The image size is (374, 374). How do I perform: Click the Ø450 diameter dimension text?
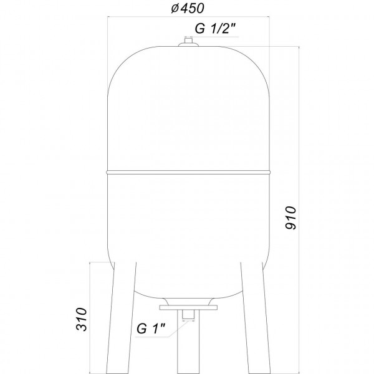(188, 9)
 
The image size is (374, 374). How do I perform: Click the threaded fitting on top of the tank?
(188, 43)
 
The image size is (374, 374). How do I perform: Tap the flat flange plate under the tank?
(188, 307)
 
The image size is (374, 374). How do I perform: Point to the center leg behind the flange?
(188, 349)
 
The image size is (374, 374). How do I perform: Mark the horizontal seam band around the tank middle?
(188, 170)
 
